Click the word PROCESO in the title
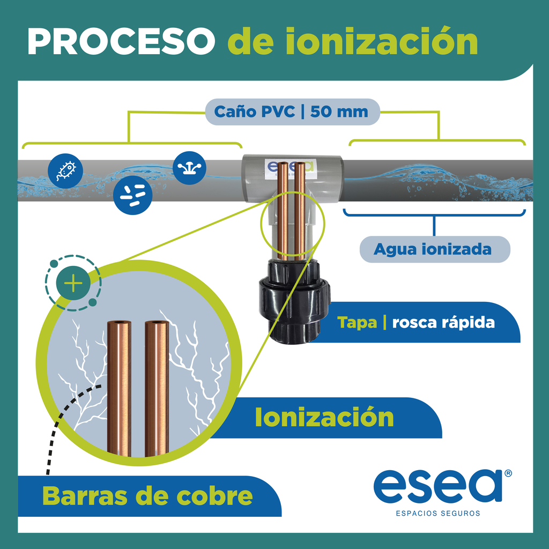click(x=121, y=41)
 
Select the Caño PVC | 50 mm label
click(x=291, y=112)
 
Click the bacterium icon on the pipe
click(x=65, y=171)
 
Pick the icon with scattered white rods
click(x=133, y=195)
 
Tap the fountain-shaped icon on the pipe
click(x=189, y=168)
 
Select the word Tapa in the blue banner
click(x=357, y=322)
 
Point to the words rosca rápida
click(x=443, y=322)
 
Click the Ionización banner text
click(x=324, y=417)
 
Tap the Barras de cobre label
click(x=147, y=496)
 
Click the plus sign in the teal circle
click(x=73, y=283)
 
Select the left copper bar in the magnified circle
click(x=119, y=388)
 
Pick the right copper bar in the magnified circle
click(x=157, y=388)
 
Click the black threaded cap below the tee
click(x=294, y=301)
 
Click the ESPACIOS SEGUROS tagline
click(x=437, y=513)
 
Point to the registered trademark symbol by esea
click(x=508, y=473)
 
